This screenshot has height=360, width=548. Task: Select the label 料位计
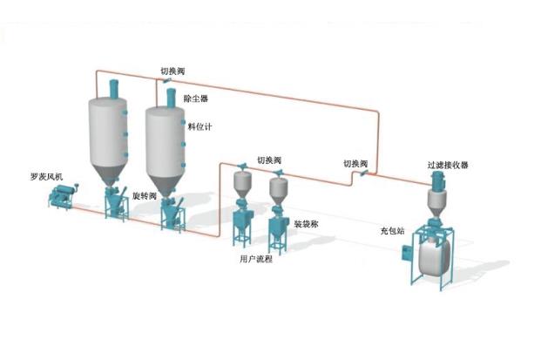[200, 126]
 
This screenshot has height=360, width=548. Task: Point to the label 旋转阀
[143, 197]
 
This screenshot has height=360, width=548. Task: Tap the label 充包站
[391, 231]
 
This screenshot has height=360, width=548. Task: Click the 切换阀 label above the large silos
[172, 70]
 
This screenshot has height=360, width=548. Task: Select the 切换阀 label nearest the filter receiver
[355, 163]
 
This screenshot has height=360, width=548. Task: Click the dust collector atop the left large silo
[114, 88]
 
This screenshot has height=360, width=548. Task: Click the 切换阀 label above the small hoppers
[269, 160]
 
